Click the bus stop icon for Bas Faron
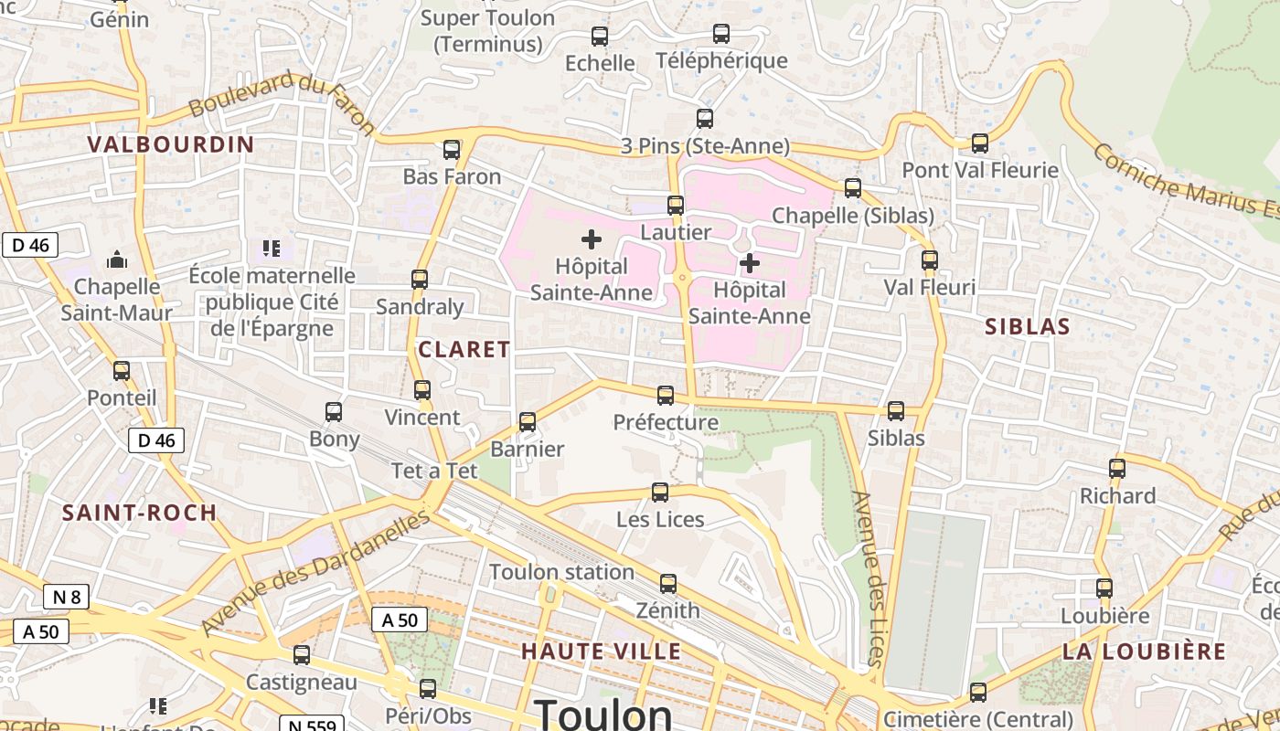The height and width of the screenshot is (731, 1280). click(452, 150)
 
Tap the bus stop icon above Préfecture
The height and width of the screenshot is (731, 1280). click(666, 396)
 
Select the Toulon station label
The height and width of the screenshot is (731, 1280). click(561, 572)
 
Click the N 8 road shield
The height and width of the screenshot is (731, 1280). click(67, 598)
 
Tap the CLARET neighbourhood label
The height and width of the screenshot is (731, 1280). click(464, 349)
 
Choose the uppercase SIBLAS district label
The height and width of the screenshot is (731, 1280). click(1028, 327)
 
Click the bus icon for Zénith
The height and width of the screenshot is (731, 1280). click(668, 584)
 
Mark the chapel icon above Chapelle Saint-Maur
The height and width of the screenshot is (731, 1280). click(117, 260)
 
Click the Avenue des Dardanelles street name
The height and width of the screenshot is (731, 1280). click(315, 573)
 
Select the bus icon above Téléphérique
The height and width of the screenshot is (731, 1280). click(721, 35)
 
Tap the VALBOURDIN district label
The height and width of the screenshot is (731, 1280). click(171, 144)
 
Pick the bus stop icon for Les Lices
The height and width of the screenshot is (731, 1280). click(660, 493)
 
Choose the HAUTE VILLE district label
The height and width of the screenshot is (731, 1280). click(602, 652)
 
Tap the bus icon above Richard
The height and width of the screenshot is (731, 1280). click(1117, 469)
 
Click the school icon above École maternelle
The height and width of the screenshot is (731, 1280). click(271, 248)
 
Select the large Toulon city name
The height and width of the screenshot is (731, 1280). click(603, 715)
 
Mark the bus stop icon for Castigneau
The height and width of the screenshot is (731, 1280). click(302, 655)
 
